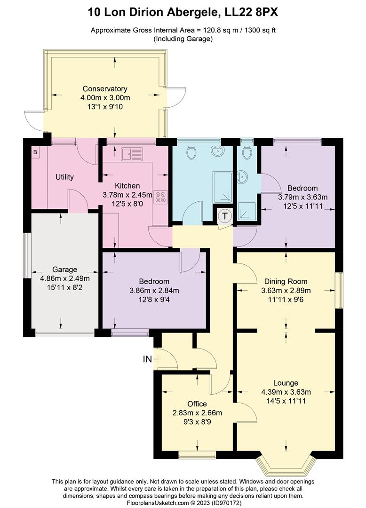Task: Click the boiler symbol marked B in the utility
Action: pyautogui.click(x=35, y=152)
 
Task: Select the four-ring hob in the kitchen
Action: pyautogui.click(x=160, y=197)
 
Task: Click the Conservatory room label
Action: pyautogui.click(x=105, y=88)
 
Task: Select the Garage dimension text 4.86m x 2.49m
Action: pyautogui.click(x=64, y=278)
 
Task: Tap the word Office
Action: pyautogui.click(x=197, y=404)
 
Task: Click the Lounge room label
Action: pyautogui.click(x=286, y=383)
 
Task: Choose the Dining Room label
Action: pyautogui.click(x=286, y=281)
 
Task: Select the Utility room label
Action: pyautogui.click(x=64, y=177)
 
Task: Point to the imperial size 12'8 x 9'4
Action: pyautogui.click(x=154, y=299)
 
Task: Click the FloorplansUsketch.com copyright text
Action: pyautogui.click(x=183, y=503)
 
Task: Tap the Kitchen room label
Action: pyautogui.click(x=127, y=186)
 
